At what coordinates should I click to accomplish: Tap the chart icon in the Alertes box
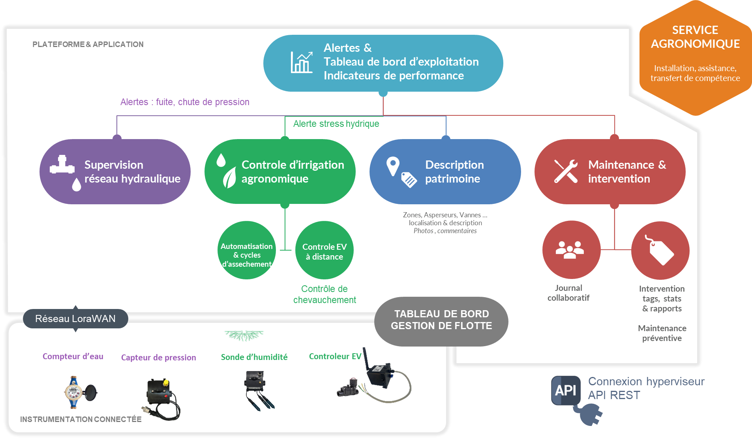pos(301,62)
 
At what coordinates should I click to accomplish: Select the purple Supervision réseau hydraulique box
pos(115,171)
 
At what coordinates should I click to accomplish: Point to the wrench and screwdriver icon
pos(566,171)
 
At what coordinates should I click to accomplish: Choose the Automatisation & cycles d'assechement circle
pos(247,250)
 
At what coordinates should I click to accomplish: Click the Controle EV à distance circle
pos(324,251)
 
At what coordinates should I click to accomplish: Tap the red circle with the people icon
pos(571,250)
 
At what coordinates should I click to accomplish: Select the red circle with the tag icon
pos(660,251)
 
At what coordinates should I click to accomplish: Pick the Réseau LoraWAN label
pos(75,318)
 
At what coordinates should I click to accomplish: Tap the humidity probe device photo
pos(257,389)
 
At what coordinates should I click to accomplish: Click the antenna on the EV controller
pos(366,358)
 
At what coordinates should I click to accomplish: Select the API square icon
pos(566,390)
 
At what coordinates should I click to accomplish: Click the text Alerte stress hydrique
pos(336,124)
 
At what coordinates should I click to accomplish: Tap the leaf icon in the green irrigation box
pos(229,177)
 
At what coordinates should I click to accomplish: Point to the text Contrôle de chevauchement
pos(324,294)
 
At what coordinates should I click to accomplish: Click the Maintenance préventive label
pos(662,333)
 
